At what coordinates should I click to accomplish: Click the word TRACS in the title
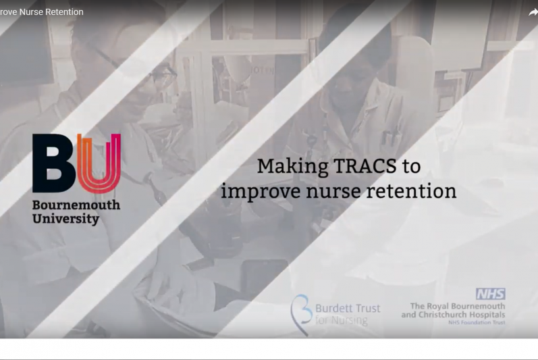pos(365,166)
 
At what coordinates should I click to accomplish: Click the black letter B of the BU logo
pos(53,163)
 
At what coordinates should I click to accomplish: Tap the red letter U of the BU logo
pos(99,163)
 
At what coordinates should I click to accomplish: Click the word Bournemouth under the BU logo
pos(76,205)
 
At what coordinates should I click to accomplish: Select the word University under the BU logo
pos(65,219)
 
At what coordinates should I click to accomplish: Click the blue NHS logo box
pos(490,294)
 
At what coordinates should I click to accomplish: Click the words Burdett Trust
pos(348,308)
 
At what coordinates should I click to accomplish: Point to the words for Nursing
pos(341,321)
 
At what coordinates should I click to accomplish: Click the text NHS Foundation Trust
pos(477,323)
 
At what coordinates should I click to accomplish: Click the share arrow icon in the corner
pos(533,12)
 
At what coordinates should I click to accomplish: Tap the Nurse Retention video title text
pos(42,11)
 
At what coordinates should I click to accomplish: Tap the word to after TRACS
pos(411,167)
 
